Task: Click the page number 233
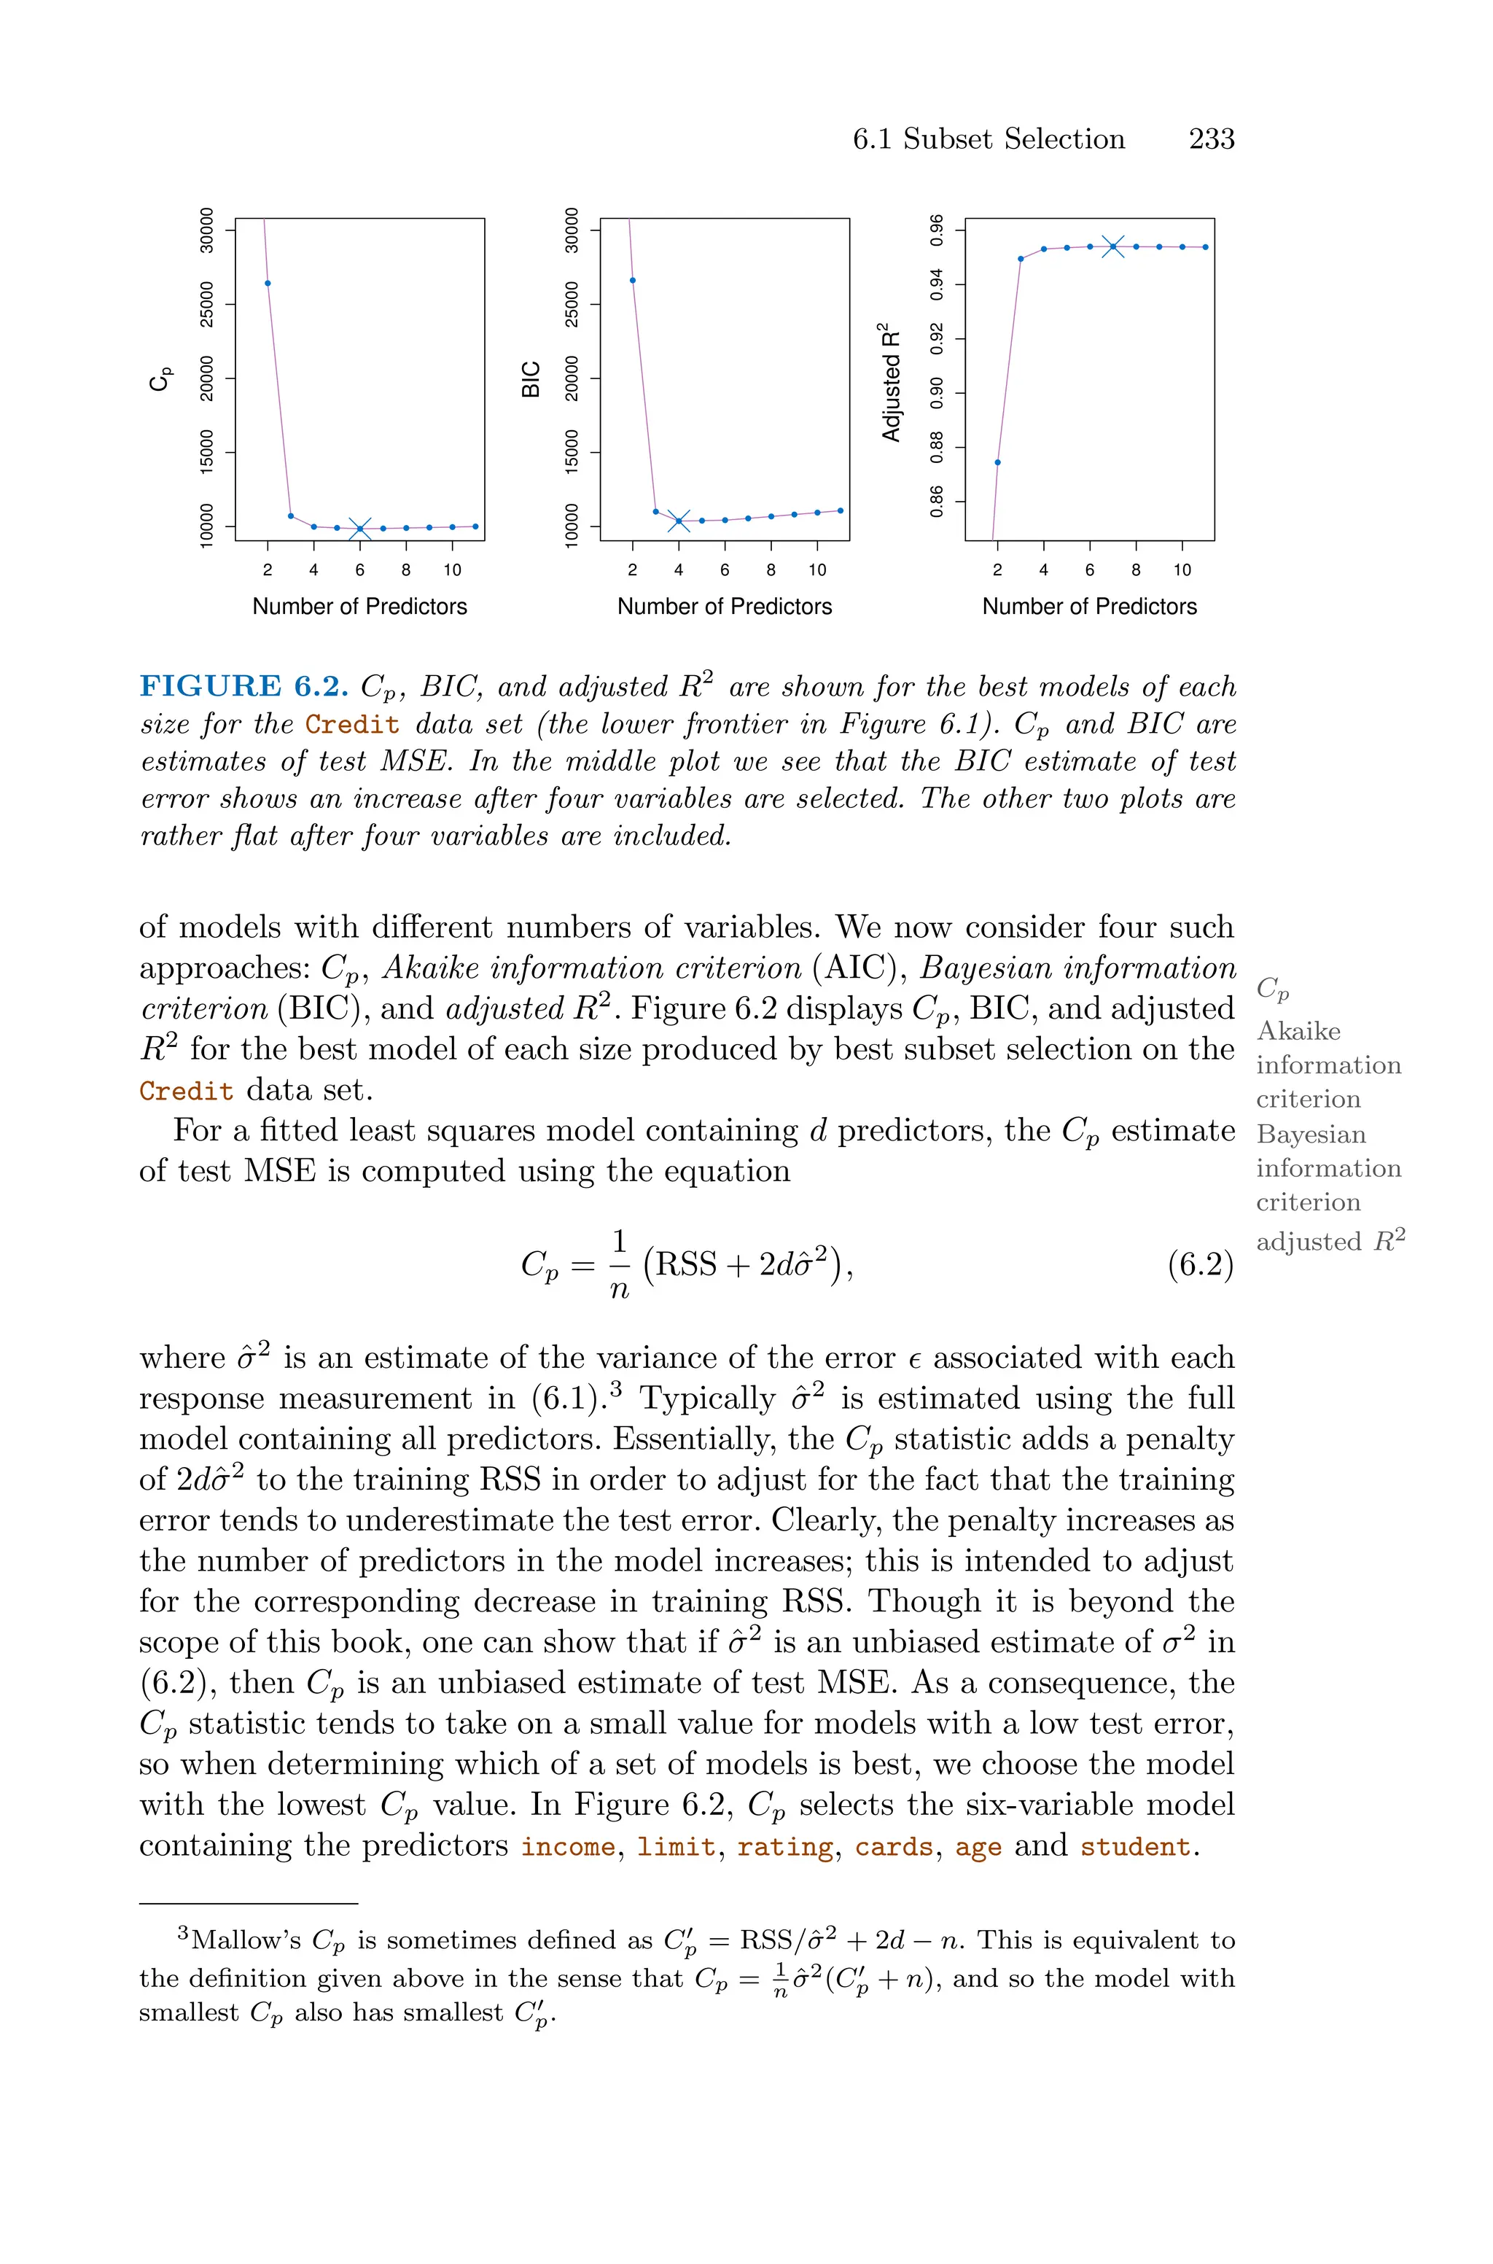tap(1211, 139)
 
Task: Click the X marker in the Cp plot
tap(360, 529)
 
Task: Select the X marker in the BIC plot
tap(679, 521)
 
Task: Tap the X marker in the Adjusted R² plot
tap(1113, 246)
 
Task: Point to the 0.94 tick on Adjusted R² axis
tap(937, 284)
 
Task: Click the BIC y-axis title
tap(531, 379)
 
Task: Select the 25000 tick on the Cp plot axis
tap(206, 304)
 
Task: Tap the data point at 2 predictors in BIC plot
tap(634, 280)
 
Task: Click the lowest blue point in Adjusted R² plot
tap(997, 463)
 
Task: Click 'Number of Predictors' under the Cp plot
tap(360, 607)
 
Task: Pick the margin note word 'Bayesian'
tap(1311, 1135)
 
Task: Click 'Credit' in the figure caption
tap(352, 725)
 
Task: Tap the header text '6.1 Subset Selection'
tap(989, 139)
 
